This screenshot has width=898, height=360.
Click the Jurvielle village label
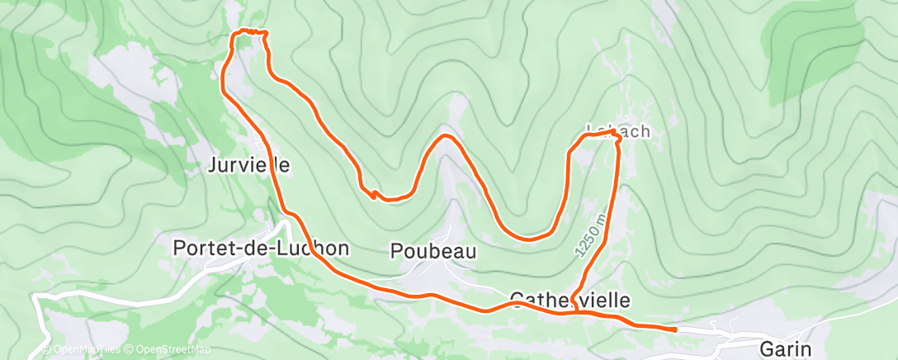248,165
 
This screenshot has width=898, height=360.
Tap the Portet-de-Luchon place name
261,248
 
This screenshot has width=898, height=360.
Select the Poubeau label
433,251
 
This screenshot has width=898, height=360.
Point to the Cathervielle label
570,299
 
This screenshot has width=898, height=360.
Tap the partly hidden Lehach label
619,131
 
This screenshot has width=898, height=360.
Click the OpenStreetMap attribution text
170,349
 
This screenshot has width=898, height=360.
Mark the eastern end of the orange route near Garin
675,329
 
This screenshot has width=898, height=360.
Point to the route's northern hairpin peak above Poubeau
446,135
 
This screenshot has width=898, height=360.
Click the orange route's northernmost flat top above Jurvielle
249,31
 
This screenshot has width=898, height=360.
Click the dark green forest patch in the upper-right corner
813,37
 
